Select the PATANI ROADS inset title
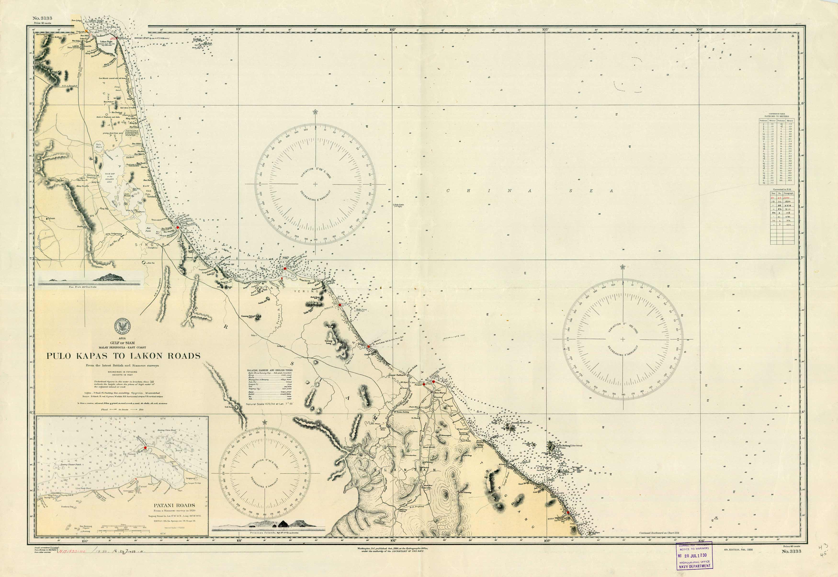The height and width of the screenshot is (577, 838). (174, 505)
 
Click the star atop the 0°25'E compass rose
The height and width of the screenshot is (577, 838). (623, 267)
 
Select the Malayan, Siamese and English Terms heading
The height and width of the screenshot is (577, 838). (270, 370)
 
